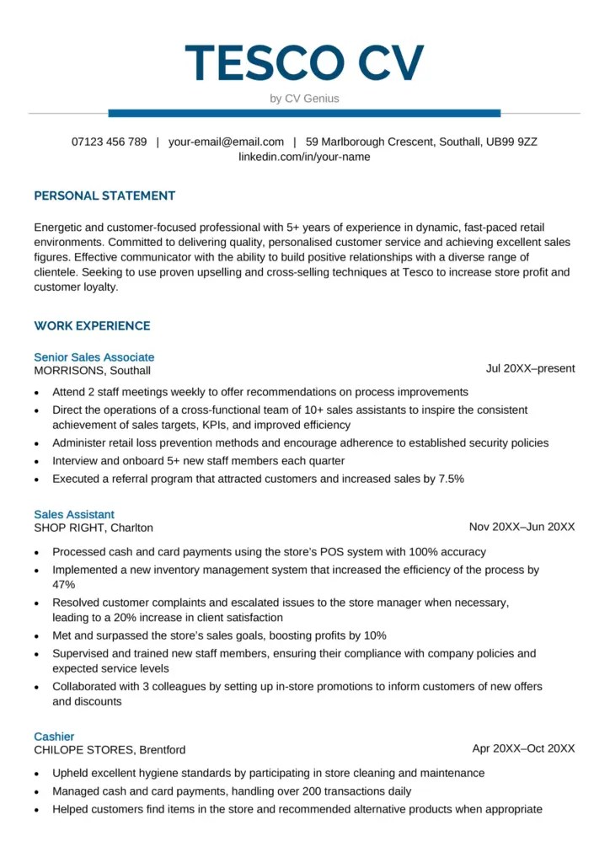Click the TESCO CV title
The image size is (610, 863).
click(304, 62)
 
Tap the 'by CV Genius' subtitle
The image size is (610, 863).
click(304, 99)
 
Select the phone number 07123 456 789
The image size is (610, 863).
click(109, 142)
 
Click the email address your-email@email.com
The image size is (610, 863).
click(226, 142)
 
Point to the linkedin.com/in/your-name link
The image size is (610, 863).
click(304, 157)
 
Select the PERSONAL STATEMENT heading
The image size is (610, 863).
click(104, 196)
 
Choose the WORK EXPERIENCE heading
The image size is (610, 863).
click(92, 326)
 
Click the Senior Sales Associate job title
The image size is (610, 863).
click(94, 357)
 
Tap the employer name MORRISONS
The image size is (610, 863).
click(70, 371)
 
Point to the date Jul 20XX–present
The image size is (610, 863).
click(530, 368)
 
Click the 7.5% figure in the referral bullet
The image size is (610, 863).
click(451, 479)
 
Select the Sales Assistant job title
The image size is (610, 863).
click(74, 514)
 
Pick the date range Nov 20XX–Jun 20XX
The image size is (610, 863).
click(522, 527)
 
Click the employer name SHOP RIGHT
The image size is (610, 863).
click(70, 528)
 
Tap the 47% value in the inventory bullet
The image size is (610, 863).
click(64, 584)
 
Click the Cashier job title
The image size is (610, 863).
click(54, 737)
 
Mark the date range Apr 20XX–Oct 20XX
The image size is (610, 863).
click(523, 748)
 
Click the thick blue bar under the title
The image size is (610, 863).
click(304, 113)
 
